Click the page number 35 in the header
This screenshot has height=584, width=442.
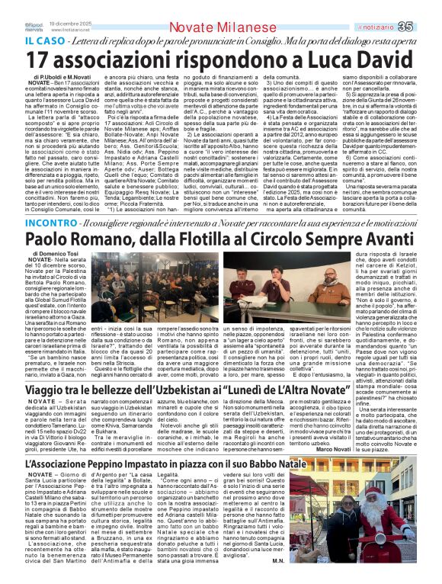point(426,27)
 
